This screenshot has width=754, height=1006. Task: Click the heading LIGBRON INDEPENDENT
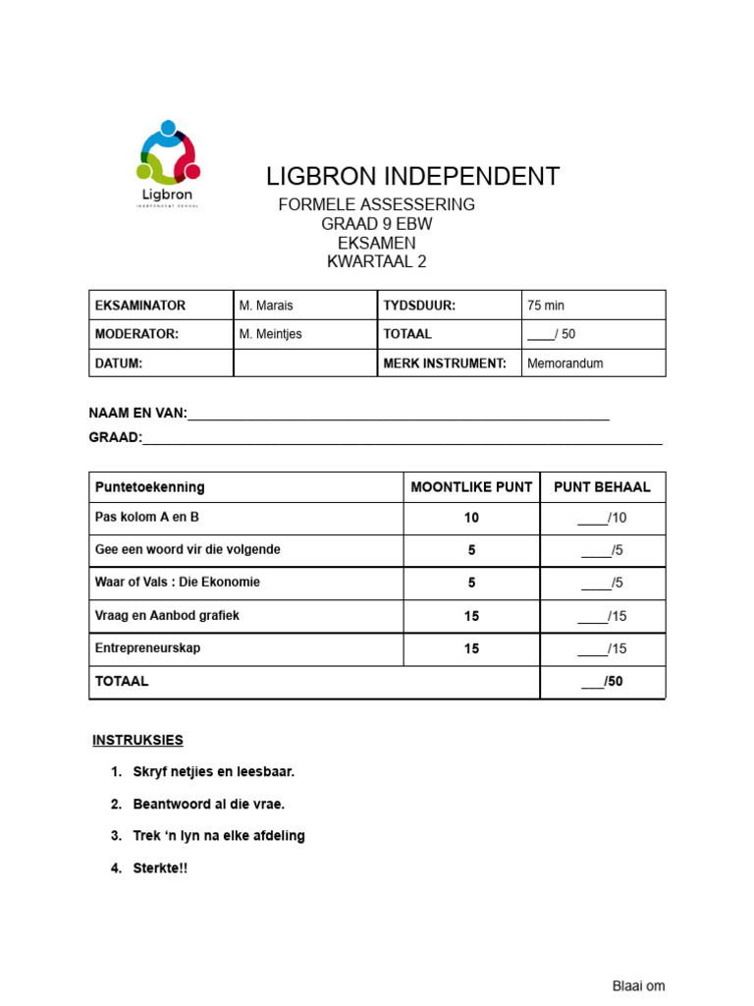pyautogui.click(x=412, y=177)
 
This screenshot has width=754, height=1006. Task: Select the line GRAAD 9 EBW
pyautogui.click(x=377, y=224)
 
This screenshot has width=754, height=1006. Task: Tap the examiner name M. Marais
pyautogui.click(x=266, y=306)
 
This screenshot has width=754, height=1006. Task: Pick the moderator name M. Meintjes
pyautogui.click(x=271, y=334)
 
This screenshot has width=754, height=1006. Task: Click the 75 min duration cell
pyautogui.click(x=546, y=306)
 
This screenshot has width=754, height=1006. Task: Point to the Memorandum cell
pyautogui.click(x=565, y=363)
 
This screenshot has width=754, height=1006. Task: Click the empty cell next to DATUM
pyautogui.click(x=304, y=363)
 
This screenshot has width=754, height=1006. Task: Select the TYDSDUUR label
pyautogui.click(x=419, y=306)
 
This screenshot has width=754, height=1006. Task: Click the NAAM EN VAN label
pyautogui.click(x=137, y=414)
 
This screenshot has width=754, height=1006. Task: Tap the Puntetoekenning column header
pyautogui.click(x=149, y=487)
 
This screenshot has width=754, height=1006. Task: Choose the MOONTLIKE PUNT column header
pyautogui.click(x=471, y=487)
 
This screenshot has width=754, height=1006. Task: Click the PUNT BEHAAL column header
pyautogui.click(x=602, y=487)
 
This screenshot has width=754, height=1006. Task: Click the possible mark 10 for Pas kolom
pyautogui.click(x=471, y=518)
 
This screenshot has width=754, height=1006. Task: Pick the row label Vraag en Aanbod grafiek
pyautogui.click(x=167, y=615)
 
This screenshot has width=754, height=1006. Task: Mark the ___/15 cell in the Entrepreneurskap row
pyautogui.click(x=602, y=648)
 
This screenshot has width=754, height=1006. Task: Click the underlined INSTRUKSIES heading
pyautogui.click(x=137, y=740)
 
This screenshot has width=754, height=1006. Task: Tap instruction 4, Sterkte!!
pyautogui.click(x=160, y=868)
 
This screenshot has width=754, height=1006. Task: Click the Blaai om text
pyautogui.click(x=638, y=986)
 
